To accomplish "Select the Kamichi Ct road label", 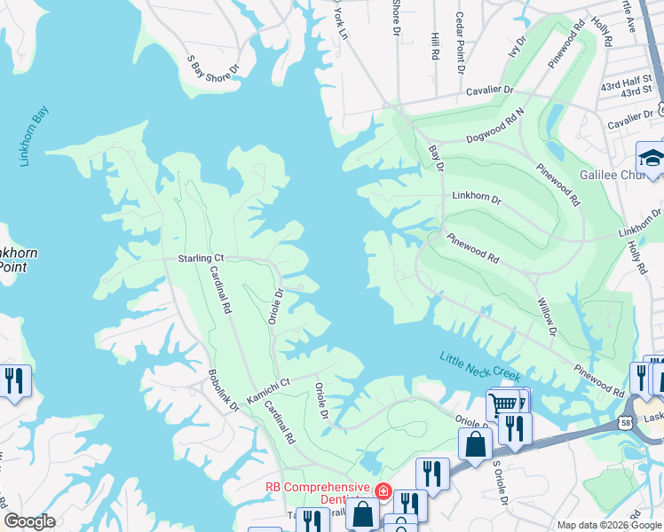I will (x=268, y=391).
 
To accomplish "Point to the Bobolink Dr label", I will (x=224, y=390).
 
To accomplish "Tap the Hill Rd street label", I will (x=435, y=46).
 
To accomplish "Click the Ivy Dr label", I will (x=515, y=47).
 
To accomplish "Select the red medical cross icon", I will (x=383, y=489).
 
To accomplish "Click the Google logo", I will (x=29, y=521).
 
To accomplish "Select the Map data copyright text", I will (x=608, y=525).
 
